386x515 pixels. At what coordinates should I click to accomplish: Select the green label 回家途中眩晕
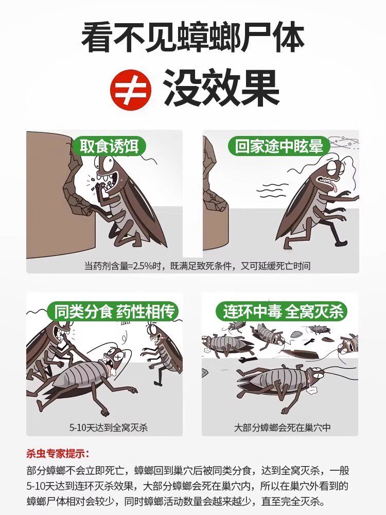tap(279, 146)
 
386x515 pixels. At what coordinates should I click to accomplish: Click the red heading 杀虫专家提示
tap(58, 454)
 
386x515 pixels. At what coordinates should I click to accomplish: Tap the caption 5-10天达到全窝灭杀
tap(109, 427)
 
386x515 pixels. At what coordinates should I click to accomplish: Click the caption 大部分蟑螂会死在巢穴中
tap(282, 427)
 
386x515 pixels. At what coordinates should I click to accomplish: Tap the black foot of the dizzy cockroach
tap(340, 243)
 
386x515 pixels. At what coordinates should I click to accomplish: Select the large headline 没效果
tap(221, 88)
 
